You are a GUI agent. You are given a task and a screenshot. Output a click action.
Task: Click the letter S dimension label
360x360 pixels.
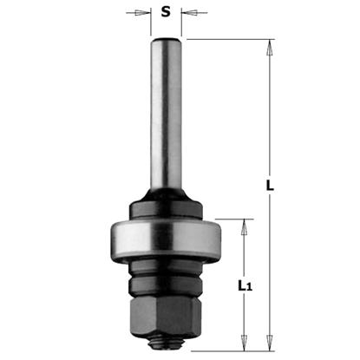coord(166,14)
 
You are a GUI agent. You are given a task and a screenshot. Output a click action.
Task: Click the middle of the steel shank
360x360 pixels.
coord(166,130)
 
